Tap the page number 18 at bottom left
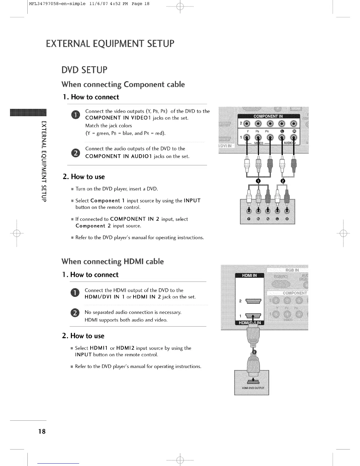tap(42, 431)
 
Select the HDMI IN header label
tap(249, 275)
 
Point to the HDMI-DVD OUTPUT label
tap(253, 388)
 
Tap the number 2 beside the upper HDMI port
tap(240, 301)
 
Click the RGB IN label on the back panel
tap(292, 270)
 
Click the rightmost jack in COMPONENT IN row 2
tap(294, 124)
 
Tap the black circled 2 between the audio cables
tap(283, 181)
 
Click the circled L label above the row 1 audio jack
tap(282, 131)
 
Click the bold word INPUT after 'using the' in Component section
tap(192, 201)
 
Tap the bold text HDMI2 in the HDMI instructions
tap(125, 348)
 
